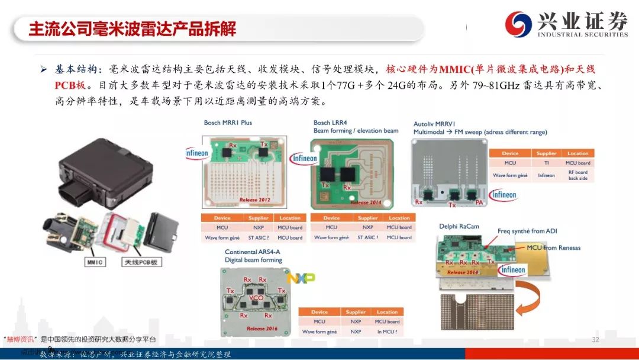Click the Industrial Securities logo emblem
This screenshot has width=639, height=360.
pyautogui.click(x=519, y=24)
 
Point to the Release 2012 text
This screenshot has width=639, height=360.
pyautogui.click(x=254, y=200)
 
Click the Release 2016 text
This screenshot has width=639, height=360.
pyautogui.click(x=262, y=328)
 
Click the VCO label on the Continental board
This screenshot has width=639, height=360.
pyautogui.click(x=256, y=297)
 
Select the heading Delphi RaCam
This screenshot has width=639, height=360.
pyautogui.click(x=459, y=226)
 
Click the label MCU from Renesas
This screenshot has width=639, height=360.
pyautogui.click(x=553, y=247)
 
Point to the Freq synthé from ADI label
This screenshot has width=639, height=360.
pyautogui.click(x=527, y=231)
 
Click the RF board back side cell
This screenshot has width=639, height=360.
pyautogui.click(x=577, y=175)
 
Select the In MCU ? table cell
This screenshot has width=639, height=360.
pyautogui.click(x=387, y=332)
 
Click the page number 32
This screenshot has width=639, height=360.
pyautogui.click(x=595, y=340)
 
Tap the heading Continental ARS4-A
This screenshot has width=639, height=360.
pyautogui.click(x=252, y=252)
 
